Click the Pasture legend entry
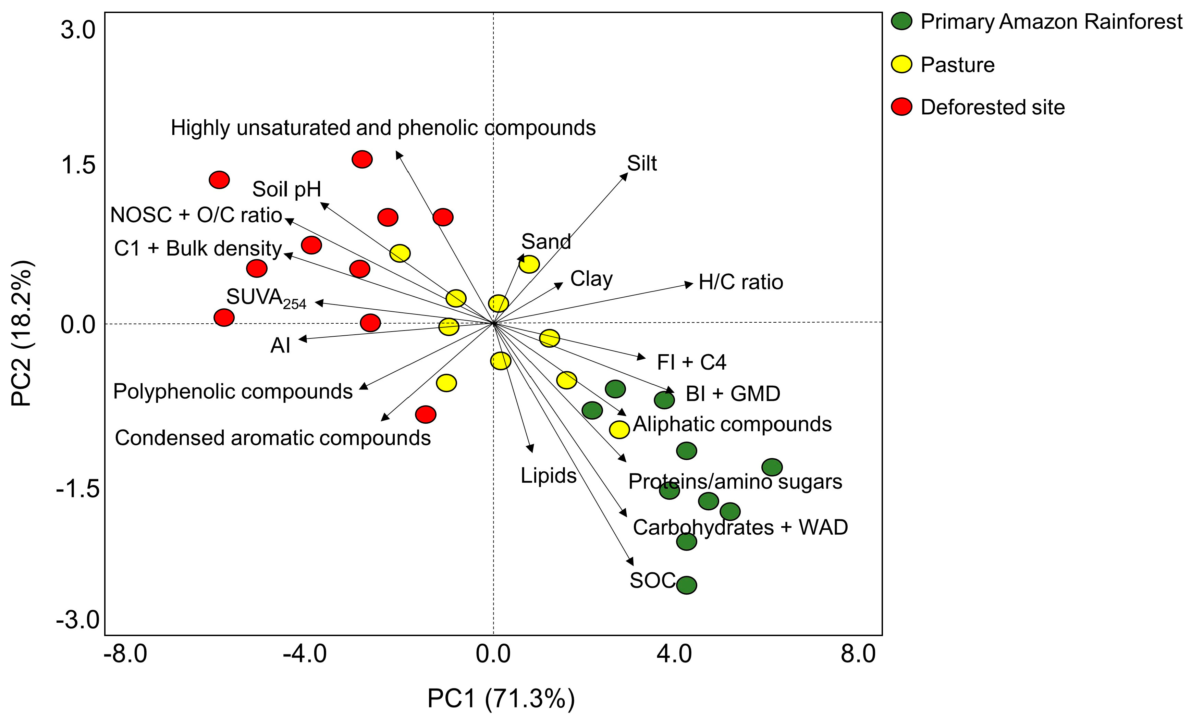point(957,65)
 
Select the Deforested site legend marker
point(901,107)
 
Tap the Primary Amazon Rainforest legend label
point(1051,22)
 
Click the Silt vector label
point(641,163)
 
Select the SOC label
point(652,580)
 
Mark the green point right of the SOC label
point(686,585)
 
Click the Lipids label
point(548,475)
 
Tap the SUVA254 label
point(266,298)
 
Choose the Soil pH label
point(287,189)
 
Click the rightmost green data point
point(772,467)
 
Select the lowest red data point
point(425,414)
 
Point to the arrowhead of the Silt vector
point(625,176)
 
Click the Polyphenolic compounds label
point(233,392)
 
